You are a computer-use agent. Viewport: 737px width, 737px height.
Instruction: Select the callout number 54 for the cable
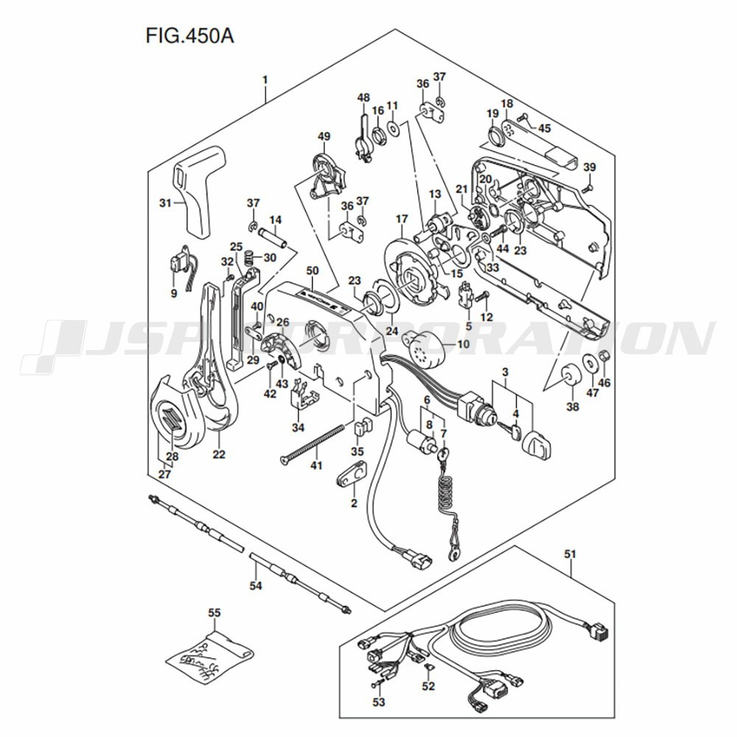[255, 587]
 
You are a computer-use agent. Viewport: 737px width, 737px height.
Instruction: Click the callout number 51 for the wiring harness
[570, 553]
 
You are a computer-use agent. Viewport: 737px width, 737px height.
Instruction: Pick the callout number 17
[401, 219]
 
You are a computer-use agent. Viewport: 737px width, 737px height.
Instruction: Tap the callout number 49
[324, 136]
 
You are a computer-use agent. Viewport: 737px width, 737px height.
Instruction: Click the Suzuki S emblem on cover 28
[170, 425]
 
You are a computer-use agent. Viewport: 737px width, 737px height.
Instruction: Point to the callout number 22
[218, 455]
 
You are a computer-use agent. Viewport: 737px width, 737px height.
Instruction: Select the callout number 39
[589, 167]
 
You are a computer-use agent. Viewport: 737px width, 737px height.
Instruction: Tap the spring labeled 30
[248, 258]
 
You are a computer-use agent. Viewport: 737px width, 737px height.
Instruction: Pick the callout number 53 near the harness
[378, 702]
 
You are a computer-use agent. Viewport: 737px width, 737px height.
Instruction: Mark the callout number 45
[544, 128]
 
